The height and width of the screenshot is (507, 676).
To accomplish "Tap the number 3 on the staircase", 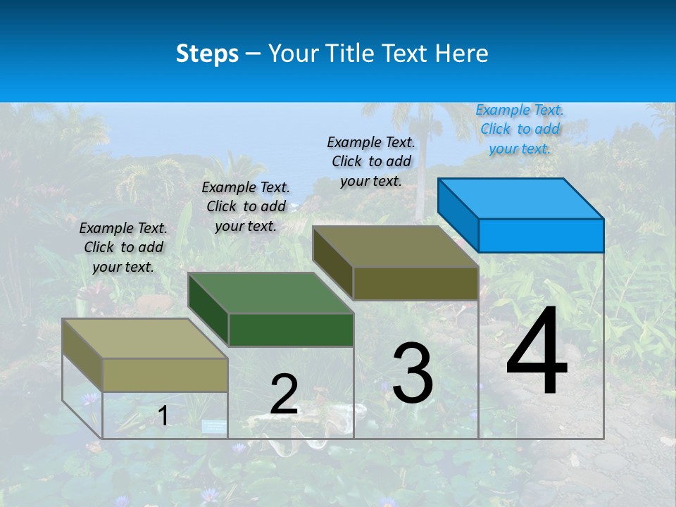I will pyautogui.click(x=413, y=373).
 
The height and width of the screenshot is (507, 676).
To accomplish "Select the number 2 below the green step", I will pyautogui.click(x=284, y=394).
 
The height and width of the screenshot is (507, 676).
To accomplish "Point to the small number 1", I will pyautogui.click(x=163, y=416).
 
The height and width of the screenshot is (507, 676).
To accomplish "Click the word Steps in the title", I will pyautogui.click(x=207, y=54).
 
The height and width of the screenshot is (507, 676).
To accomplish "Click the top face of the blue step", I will pyautogui.click(x=520, y=199).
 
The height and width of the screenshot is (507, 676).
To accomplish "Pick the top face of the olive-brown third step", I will pyautogui.click(x=396, y=246).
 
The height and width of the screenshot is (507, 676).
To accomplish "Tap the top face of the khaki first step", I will pyautogui.click(x=144, y=339).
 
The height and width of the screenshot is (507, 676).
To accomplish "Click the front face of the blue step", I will pyautogui.click(x=541, y=235).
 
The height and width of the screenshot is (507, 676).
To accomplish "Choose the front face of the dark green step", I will pyautogui.click(x=291, y=330).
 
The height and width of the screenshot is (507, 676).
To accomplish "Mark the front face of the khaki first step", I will pyautogui.click(x=165, y=375).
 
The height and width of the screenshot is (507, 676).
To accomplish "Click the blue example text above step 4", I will pyautogui.click(x=520, y=129).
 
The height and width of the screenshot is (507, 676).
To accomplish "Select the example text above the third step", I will pyautogui.click(x=371, y=161).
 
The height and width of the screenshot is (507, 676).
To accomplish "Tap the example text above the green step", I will pyautogui.click(x=246, y=206).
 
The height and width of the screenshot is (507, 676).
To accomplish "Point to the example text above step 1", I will pyautogui.click(x=123, y=247).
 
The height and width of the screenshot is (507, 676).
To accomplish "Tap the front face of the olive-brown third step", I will pyautogui.click(x=415, y=284).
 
